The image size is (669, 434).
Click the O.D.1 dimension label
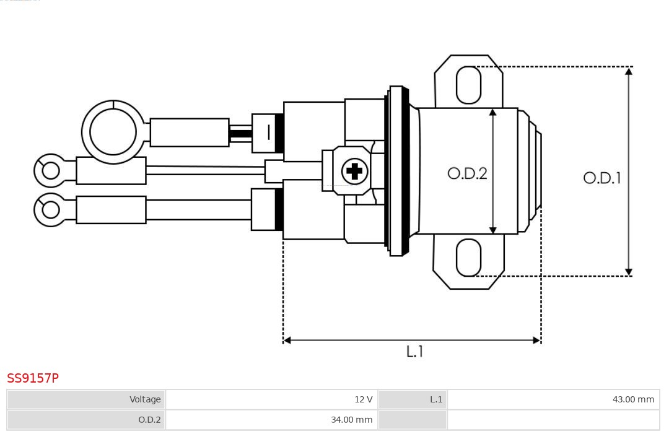[x=601, y=178]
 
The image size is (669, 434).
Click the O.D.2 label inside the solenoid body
[x=467, y=174]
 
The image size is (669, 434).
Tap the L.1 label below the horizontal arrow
[x=414, y=352]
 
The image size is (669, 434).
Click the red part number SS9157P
[x=33, y=378]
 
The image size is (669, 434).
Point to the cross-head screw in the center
[x=354, y=171]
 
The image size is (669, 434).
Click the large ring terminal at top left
[x=113, y=132]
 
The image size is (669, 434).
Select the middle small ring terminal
[x=50, y=170]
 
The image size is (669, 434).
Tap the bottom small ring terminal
[x=50, y=210]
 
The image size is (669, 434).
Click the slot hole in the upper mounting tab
[x=468, y=85]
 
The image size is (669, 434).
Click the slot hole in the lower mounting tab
[x=468, y=258]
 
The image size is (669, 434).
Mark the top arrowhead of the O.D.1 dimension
[x=628, y=71]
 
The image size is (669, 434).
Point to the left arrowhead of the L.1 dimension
[x=287, y=340]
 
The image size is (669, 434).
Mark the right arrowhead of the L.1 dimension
[x=536, y=340]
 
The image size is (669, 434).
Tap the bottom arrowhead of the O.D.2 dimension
[x=492, y=230]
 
